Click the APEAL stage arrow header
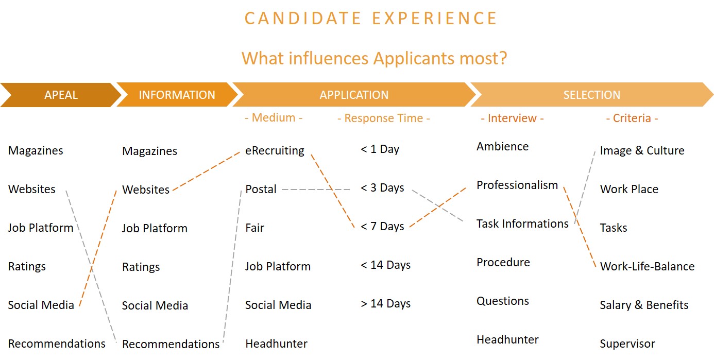coord(61,95)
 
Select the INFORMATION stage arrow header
coord(177,95)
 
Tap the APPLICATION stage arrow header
coord(354,95)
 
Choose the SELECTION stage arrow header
coord(591,95)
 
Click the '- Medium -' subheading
coord(274,118)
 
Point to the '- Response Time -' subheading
coord(383,118)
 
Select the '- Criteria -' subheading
coord(632,118)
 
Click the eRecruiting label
coord(275,151)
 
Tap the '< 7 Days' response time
coord(382,227)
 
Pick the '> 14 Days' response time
coord(385,304)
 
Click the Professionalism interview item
coord(517,185)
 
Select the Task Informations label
coord(522,224)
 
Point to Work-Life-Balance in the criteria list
coord(647,266)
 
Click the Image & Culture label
coord(642,151)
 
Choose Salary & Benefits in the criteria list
coord(644,305)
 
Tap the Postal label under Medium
coord(261,189)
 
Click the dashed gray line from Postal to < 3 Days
coord(316,190)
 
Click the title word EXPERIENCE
coord(434,18)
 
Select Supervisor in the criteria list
coord(627,344)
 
